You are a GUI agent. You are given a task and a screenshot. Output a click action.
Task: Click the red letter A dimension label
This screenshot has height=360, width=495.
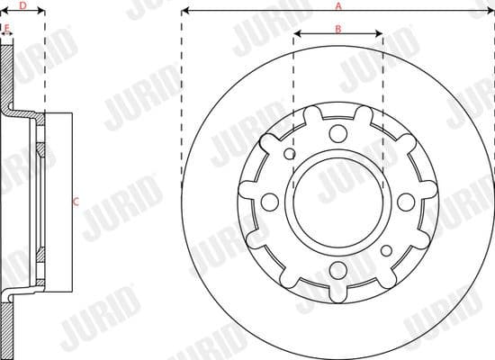coord(338,5)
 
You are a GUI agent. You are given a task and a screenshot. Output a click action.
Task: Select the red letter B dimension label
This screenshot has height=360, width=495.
coord(337,29)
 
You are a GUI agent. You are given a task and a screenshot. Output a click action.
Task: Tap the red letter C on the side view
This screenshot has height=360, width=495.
coord(76,202)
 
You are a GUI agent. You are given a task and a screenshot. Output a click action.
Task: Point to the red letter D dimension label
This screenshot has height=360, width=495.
coord(22,5)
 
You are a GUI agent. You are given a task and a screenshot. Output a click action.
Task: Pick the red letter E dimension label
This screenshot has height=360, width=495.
coord(7,29)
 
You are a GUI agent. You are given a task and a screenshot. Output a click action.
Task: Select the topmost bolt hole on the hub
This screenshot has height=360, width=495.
coord(337,134)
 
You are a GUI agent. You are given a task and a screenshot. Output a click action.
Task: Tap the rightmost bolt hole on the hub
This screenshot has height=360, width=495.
coord(404,200)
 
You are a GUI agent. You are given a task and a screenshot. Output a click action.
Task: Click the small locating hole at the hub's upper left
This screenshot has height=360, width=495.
coord(290,153)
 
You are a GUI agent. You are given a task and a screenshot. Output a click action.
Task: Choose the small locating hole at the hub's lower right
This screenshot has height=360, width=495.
coord(385,247)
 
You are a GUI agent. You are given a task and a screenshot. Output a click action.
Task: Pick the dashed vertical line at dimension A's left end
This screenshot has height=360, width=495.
coord(181,108)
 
